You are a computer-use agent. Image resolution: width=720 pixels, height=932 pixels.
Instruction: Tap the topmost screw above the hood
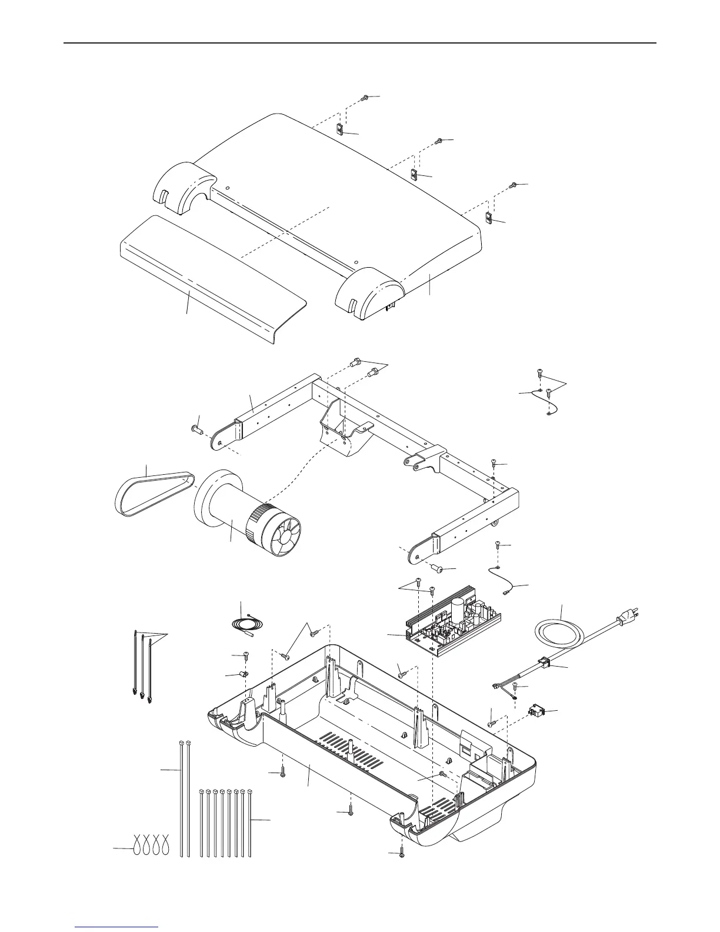(x=365, y=97)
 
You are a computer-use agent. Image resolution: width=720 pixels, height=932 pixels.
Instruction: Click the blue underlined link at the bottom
(x=118, y=926)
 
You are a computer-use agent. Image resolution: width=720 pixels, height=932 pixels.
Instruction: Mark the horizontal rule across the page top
(x=360, y=43)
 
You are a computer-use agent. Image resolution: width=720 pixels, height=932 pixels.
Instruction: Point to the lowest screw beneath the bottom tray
(x=401, y=853)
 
